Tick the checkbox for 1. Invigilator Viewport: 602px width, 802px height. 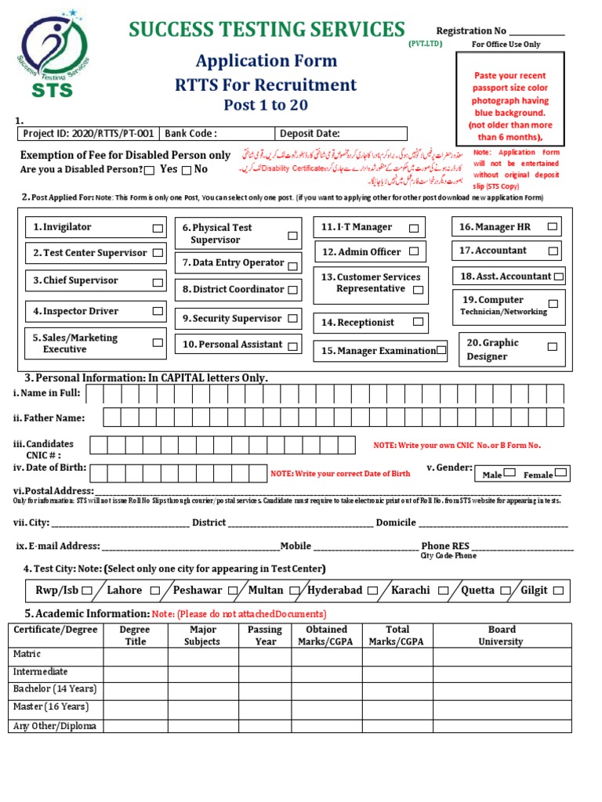click(x=158, y=228)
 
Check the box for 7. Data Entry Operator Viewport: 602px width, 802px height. click(x=292, y=265)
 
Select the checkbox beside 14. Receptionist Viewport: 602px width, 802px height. click(x=419, y=322)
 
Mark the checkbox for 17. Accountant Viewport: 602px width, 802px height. click(x=553, y=251)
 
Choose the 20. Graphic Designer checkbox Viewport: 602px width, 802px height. click(x=553, y=346)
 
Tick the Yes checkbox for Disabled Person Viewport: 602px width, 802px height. click(x=150, y=170)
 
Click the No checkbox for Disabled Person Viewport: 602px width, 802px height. click(x=186, y=170)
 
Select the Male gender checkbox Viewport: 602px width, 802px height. click(x=510, y=473)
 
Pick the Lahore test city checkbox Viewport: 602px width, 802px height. click(x=155, y=591)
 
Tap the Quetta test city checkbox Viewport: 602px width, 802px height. click(x=506, y=591)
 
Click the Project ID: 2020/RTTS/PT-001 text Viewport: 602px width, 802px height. click(x=89, y=133)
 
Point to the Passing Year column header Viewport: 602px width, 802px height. click(x=265, y=635)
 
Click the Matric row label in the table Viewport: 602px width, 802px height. click(x=27, y=654)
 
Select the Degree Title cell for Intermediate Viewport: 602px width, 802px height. click(x=135, y=672)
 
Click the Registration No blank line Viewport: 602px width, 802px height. click(x=537, y=31)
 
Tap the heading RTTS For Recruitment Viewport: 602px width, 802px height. click(x=266, y=85)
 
